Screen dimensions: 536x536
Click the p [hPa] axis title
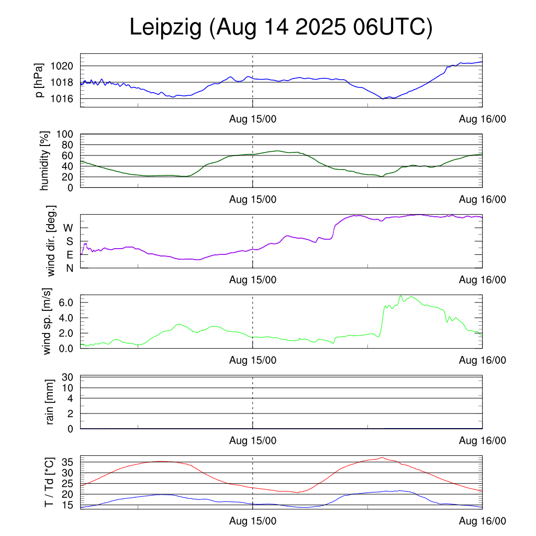tap(40, 81)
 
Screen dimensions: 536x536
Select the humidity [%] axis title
tap(44, 161)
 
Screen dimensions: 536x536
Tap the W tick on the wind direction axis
tap(68, 228)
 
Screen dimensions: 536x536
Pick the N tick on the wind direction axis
tap(69, 268)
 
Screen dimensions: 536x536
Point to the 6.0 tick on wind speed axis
tap(66, 303)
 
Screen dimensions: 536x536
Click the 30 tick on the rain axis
tap(68, 377)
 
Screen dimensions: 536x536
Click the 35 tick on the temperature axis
tap(68, 462)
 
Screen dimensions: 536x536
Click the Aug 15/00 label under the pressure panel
tap(253, 119)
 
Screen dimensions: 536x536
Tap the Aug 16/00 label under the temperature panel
tap(483, 521)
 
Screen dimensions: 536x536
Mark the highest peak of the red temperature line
tap(382, 457)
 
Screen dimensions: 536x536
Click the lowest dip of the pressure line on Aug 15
tap(383, 98)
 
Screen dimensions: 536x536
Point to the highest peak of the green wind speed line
tap(401, 296)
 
